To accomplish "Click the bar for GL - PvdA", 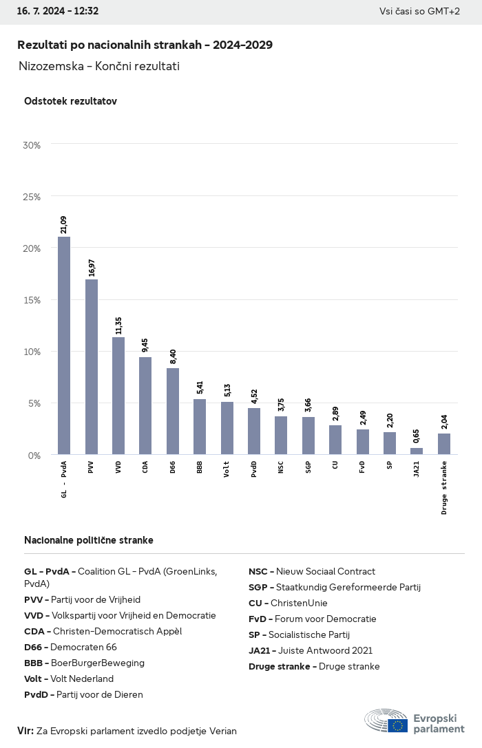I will click(64, 345).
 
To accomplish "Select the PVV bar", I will click(91, 367).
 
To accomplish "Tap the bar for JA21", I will click(417, 451).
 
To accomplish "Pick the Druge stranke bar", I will click(444, 444).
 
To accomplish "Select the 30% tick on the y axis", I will click(32, 145).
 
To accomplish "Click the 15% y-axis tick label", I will click(32, 300).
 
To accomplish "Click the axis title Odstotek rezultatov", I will click(70, 101).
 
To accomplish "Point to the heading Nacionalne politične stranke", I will click(89, 540).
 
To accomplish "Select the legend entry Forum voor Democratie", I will click(313, 619).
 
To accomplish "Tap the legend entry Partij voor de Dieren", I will click(83, 694).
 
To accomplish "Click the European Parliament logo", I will click(415, 720).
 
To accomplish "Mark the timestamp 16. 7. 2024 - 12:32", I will click(58, 11).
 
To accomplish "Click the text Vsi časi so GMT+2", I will click(419, 11).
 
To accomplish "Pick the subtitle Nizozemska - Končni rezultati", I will click(99, 66).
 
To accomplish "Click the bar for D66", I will click(173, 412).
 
